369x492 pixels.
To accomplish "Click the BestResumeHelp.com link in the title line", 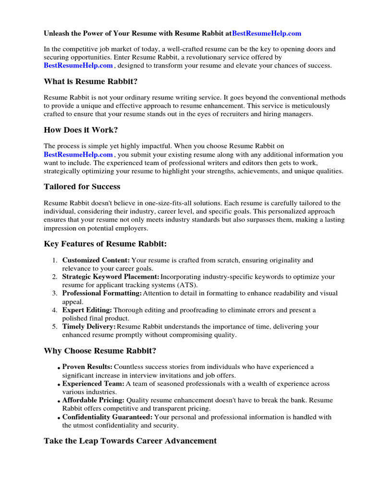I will (x=267, y=33).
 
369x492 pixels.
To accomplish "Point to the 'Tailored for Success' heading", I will (x=82, y=186).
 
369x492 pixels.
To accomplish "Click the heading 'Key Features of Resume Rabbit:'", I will (x=105, y=244).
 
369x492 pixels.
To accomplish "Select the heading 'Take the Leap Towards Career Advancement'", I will (x=130, y=441).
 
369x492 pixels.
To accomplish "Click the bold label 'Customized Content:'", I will (x=96, y=260).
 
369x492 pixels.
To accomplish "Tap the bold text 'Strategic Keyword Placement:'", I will (x=111, y=277).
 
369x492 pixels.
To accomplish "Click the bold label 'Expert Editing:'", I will (x=87, y=310).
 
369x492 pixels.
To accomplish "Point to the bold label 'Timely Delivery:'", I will (x=89, y=327).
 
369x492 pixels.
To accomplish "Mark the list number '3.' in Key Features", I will (x=54, y=293).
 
